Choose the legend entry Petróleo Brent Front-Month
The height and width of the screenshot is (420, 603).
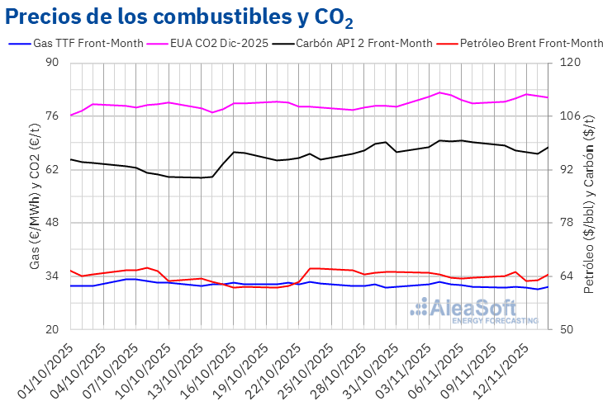pos(531,43)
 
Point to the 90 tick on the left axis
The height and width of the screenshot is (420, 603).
pos(52,63)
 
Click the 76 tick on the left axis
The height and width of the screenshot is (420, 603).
pos(52,116)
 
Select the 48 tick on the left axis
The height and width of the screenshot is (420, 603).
pos(52,223)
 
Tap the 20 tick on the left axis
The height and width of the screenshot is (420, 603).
pos(52,329)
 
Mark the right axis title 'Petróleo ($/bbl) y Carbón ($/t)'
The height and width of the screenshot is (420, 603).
pos(589,196)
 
